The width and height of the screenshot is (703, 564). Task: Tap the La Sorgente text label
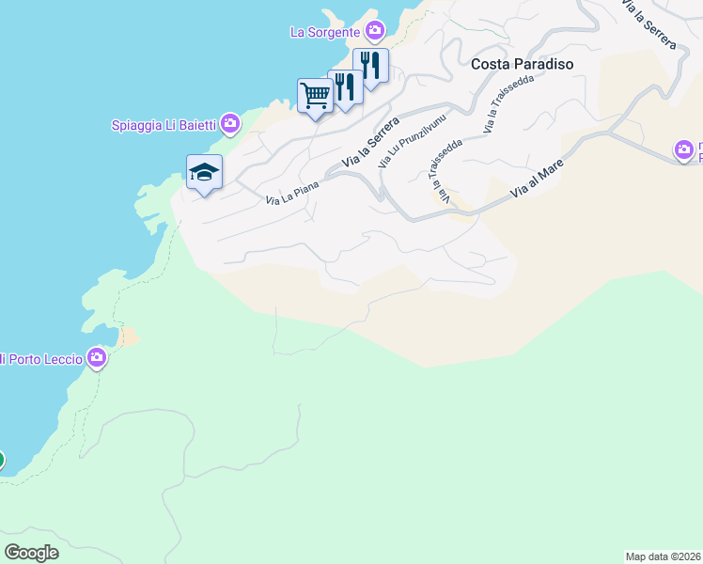(324, 32)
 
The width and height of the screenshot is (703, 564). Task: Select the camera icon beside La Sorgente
(375, 31)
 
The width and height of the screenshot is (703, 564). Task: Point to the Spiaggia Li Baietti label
(164, 124)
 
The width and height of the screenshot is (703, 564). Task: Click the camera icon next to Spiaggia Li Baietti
(229, 124)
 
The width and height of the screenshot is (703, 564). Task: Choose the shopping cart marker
(315, 94)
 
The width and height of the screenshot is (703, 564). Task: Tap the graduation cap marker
(204, 172)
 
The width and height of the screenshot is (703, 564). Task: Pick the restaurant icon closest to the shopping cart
(345, 86)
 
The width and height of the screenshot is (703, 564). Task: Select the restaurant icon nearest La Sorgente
(370, 66)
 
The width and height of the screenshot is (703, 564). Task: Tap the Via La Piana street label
(292, 193)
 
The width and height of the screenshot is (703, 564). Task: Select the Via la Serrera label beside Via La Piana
(370, 144)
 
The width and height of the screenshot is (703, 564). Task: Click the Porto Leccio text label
(43, 358)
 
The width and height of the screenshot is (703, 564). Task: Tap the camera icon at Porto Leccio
(97, 358)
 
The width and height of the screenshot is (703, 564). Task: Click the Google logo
(31, 552)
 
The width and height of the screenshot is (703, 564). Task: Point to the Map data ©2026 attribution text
(663, 556)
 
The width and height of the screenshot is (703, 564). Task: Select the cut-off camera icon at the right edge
(686, 149)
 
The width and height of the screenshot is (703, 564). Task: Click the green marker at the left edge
(1, 460)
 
